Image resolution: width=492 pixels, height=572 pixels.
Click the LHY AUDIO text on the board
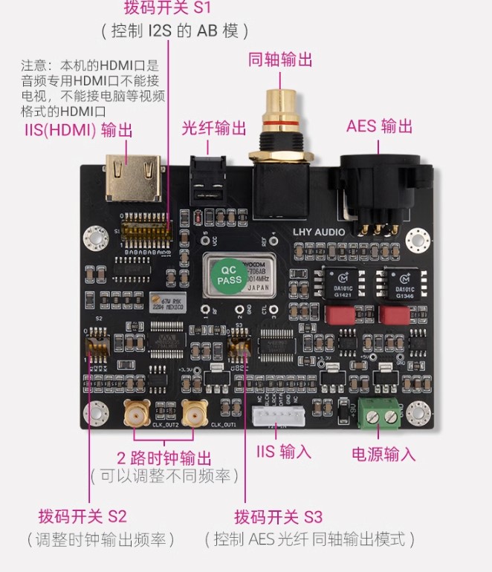pyautogui.click(x=319, y=232)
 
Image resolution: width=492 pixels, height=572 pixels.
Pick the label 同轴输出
pyautogui.click(x=280, y=60)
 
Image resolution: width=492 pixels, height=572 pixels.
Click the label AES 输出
pyautogui.click(x=379, y=126)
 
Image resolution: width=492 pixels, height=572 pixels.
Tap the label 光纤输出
pyautogui.click(x=214, y=128)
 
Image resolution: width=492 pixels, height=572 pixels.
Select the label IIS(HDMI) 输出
pyautogui.click(x=78, y=131)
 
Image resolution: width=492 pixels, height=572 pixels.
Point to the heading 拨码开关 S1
pyautogui.click(x=167, y=9)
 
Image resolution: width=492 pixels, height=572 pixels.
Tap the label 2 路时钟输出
pyautogui.click(x=164, y=457)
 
